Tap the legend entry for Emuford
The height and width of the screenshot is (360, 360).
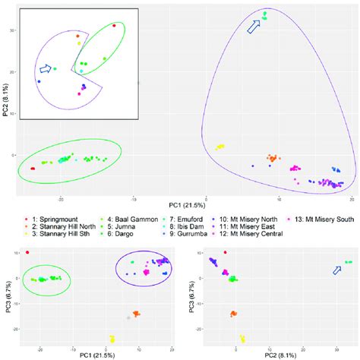click(x=174, y=218)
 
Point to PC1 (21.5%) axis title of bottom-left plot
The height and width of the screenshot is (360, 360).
click(x=91, y=355)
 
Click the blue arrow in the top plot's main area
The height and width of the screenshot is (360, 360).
click(x=253, y=28)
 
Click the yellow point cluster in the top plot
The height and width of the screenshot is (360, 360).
click(x=221, y=147)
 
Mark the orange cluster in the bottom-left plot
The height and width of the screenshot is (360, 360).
click(x=136, y=313)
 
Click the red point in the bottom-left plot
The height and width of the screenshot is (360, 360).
click(x=28, y=252)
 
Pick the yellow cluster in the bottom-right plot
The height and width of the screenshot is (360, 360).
click(x=243, y=339)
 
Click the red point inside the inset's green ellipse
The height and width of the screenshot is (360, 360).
click(x=114, y=25)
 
